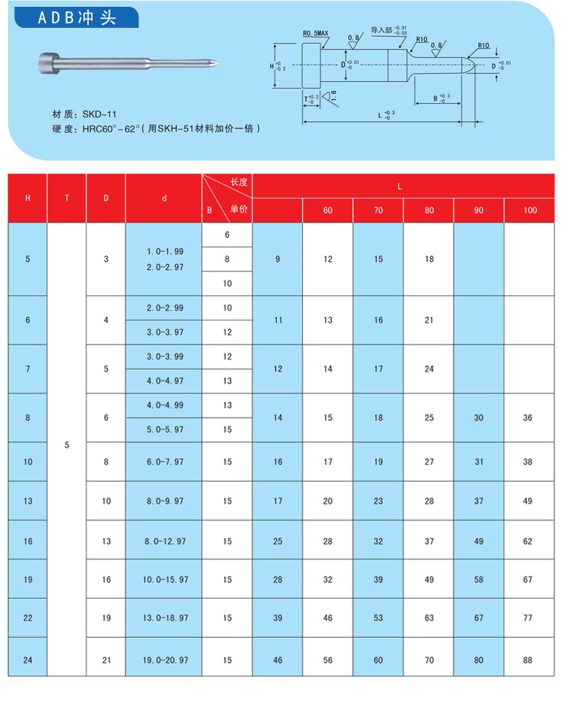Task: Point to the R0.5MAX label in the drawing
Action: coord(316,34)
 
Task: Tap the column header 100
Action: coord(530,211)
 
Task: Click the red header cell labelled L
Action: coord(402,185)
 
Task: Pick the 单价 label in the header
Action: coord(238,210)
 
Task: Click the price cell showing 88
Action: coord(527,660)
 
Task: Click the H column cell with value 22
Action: coord(28,618)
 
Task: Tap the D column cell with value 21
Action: coord(106,660)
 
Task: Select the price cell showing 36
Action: coord(527,417)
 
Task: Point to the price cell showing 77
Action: coord(527,618)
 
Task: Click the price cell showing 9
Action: coord(277,259)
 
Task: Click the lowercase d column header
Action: coord(163,199)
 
